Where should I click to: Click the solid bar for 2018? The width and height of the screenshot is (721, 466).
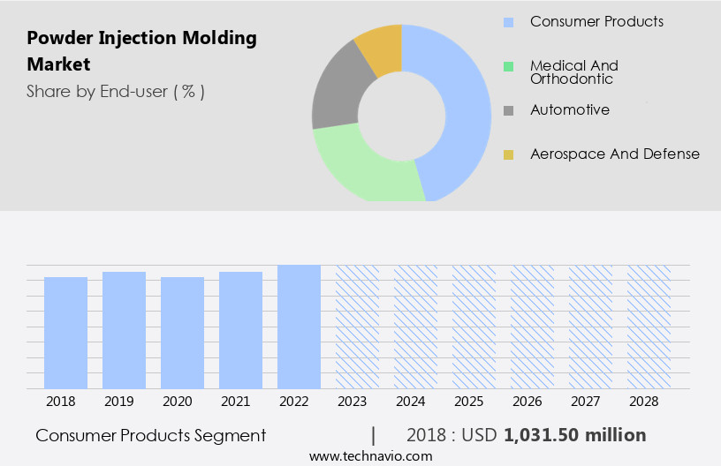pos(65,333)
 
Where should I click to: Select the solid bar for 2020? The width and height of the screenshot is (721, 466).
pos(182,333)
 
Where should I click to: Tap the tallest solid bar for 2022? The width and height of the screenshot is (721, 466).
pos(299,327)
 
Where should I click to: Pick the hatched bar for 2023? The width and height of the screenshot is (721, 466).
pos(357,327)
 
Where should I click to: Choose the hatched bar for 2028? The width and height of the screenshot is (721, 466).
pos(649,327)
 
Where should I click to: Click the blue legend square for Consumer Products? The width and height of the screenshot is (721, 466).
pos(508,21)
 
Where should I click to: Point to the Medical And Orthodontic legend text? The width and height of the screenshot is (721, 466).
pos(573,72)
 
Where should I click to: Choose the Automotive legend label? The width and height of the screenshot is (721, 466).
pos(569,110)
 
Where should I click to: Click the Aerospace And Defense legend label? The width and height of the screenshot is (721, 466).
pos(614,154)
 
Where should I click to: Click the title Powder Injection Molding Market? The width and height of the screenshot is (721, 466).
pos(141,51)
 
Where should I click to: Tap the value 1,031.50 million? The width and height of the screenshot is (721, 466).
pos(574,435)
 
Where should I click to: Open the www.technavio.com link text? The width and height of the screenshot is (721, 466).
pos(370,455)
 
